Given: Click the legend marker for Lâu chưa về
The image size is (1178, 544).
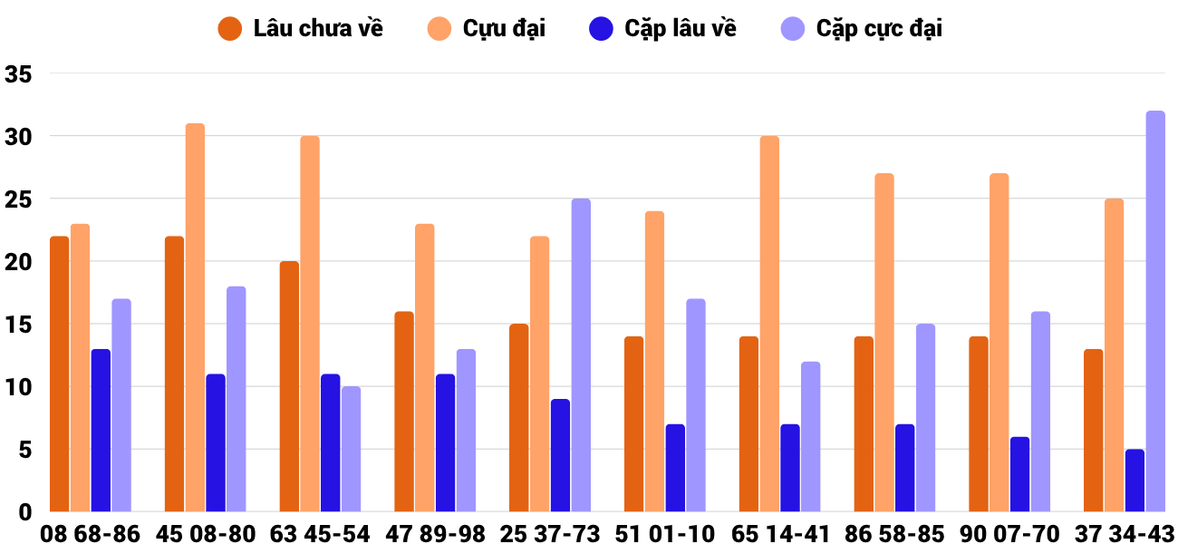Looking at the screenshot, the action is point(230,28).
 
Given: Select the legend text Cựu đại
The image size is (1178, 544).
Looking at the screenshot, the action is point(504,28).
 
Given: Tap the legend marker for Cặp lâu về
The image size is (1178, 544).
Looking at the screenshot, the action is point(601,28).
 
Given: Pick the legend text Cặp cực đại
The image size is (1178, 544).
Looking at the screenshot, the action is point(879,29).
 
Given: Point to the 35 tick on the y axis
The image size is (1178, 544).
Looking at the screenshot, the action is point(18,74).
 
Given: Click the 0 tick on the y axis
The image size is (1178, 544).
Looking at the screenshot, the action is point(24,512).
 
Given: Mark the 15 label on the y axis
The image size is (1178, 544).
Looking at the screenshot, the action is point(18,325).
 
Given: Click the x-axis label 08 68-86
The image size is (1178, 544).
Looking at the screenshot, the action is point(90,533).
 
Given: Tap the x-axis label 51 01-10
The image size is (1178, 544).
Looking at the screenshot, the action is point(664,533).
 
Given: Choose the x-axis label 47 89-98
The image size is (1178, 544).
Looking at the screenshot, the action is point(435,533).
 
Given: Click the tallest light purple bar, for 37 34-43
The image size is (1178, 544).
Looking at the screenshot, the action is point(1155,311).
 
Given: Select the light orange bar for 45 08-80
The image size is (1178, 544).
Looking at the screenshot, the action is point(195,317).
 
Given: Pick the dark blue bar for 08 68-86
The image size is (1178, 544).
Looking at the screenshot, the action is point(101,431).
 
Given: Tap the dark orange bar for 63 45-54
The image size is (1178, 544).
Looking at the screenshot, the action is point(289,386).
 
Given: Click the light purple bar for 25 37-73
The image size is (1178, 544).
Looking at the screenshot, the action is point(581,355).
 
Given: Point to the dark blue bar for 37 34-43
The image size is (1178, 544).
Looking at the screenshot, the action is point(1135,481).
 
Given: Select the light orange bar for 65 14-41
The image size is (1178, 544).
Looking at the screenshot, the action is point(769,324).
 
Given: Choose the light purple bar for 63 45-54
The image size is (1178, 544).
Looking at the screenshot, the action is point(352,449).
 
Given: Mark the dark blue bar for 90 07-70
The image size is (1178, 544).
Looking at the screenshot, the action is point(1019,474).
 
